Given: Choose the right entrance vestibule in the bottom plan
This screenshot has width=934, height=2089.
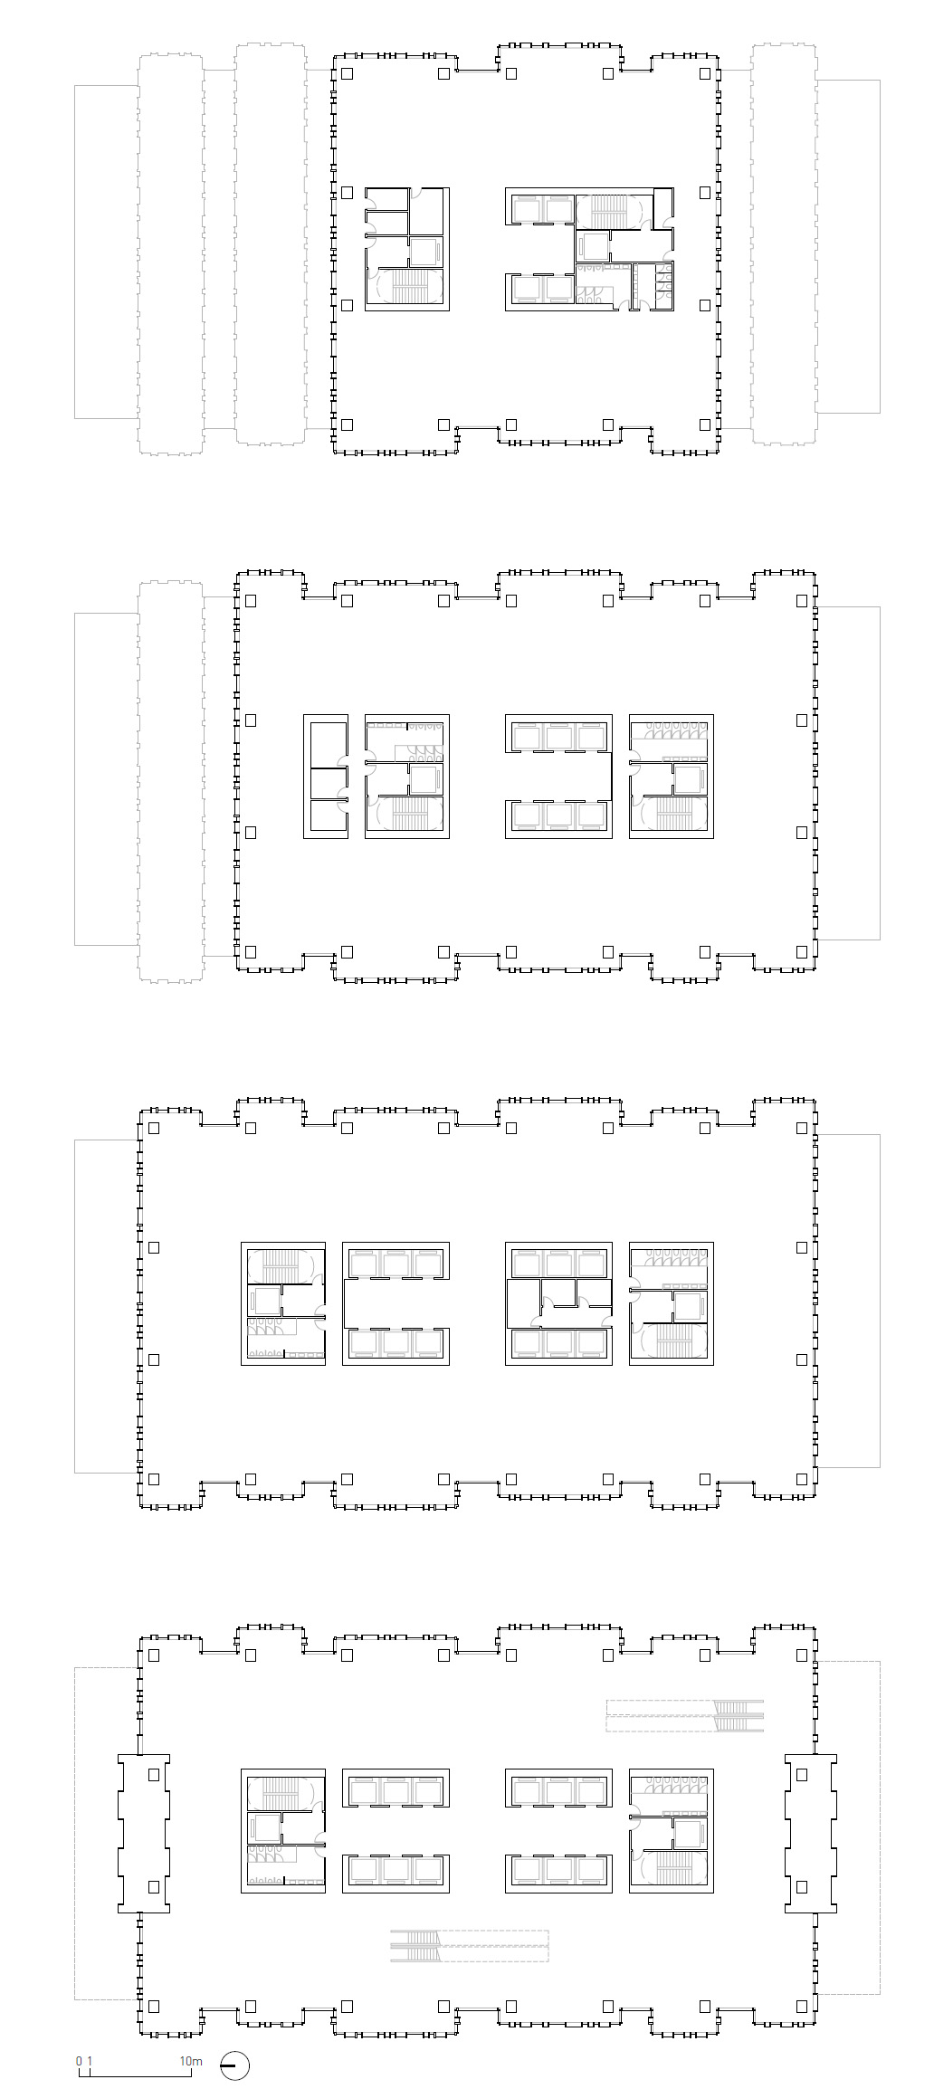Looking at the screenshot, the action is [x=811, y=1833].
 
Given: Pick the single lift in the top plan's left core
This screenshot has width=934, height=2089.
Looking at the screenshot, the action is [x=424, y=250].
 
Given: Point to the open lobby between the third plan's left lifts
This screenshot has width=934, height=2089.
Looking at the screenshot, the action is [x=395, y=1303].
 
